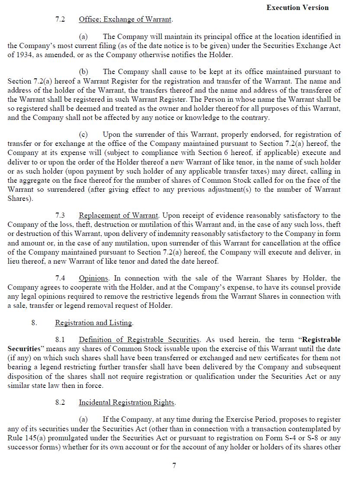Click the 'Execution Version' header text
pyautogui.click(x=297, y=7)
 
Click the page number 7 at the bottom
pyautogui.click(x=174, y=466)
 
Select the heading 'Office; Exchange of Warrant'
pyautogui.click(x=125, y=19)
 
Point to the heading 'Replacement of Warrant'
pyautogui.click(x=119, y=215)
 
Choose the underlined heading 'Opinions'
pyautogui.click(x=94, y=278)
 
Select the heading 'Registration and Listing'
pyautogui.click(x=93, y=323)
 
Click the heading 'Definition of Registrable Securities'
pyautogui.click(x=139, y=339)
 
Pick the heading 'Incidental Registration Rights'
pyautogui.click(x=126, y=403)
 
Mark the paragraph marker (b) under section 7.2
pyautogui.click(x=83, y=72)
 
